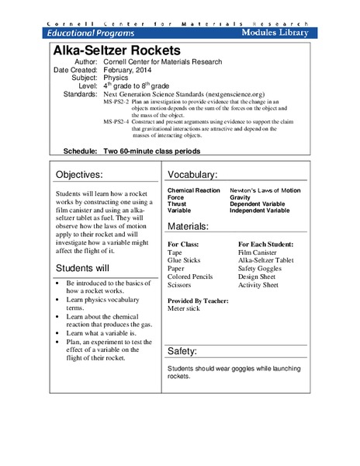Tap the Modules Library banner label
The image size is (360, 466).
click(275, 33)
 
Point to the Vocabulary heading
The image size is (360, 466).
click(192, 175)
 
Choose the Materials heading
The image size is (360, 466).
click(188, 226)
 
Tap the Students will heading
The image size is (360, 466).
click(88, 269)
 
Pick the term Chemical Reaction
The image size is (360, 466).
click(194, 190)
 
